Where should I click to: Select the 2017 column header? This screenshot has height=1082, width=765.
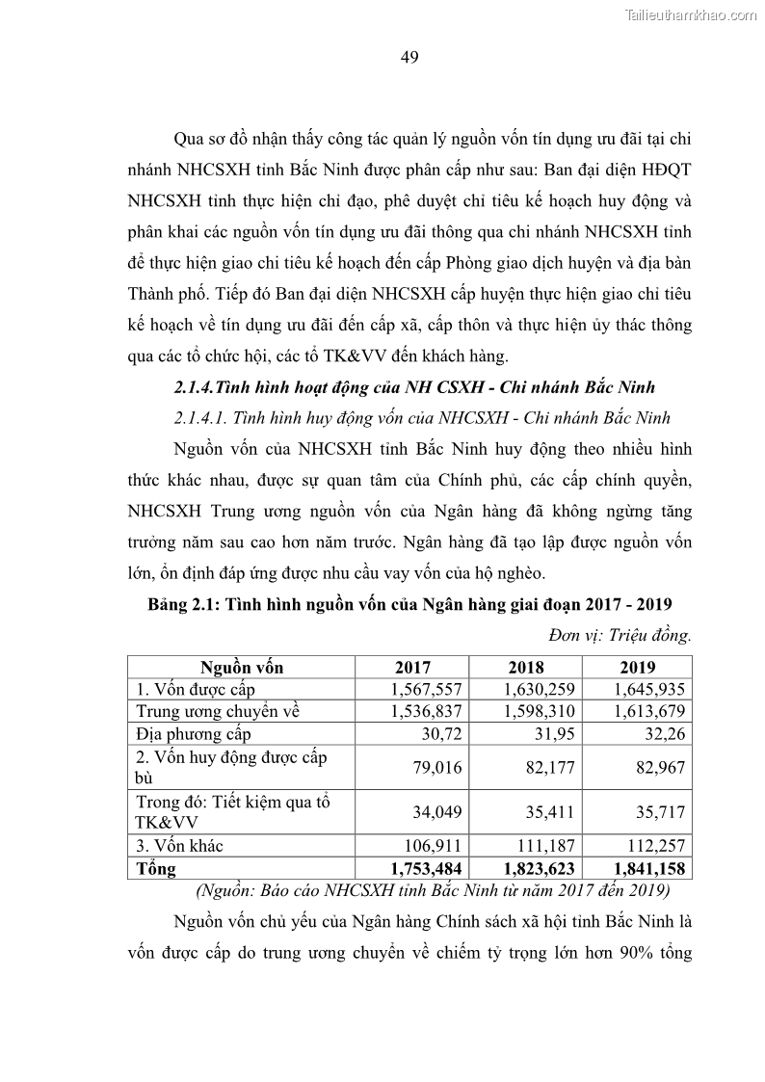(x=412, y=667)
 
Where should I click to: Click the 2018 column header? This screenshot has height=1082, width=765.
(x=525, y=667)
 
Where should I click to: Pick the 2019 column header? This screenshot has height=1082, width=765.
(x=637, y=667)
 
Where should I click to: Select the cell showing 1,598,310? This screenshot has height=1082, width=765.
(x=539, y=711)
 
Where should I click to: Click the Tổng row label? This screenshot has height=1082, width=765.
(x=156, y=868)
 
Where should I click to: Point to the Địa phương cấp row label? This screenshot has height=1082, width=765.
(x=193, y=734)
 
